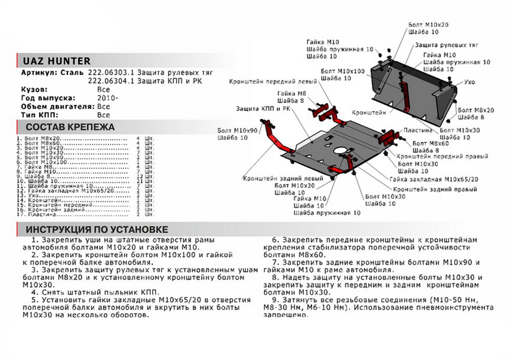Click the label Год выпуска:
pos(48,98)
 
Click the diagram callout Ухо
pos(469,82)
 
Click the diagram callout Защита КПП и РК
pos(263,109)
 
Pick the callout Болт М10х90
pos(238,130)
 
